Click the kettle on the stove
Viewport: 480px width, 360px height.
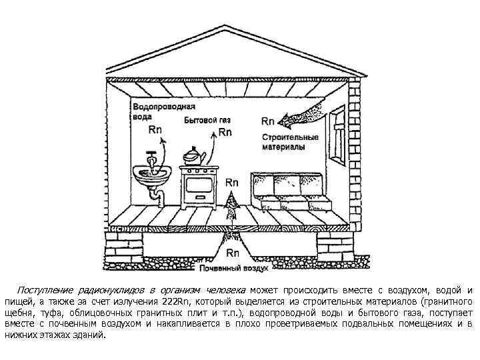(x=195, y=157)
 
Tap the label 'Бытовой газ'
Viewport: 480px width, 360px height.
(x=208, y=121)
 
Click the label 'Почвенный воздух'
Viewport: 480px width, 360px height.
(x=234, y=269)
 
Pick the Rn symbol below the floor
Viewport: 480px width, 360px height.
(x=233, y=253)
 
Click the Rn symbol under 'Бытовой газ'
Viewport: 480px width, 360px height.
(x=225, y=132)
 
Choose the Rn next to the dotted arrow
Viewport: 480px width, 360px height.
(x=268, y=121)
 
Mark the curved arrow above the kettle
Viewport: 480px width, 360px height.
(x=213, y=143)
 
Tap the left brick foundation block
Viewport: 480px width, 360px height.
(x=126, y=247)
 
